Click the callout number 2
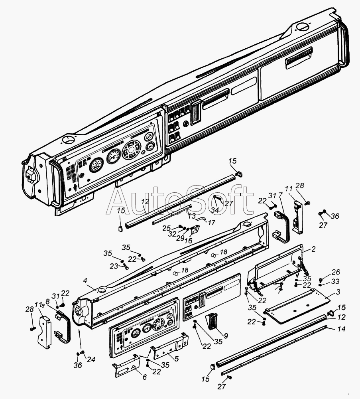[x=313, y=249]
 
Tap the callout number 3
[x=338, y=292]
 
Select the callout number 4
[x=85, y=280]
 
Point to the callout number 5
[x=177, y=359]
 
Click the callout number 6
[x=144, y=377]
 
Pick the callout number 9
[x=226, y=336]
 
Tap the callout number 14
[x=342, y=329]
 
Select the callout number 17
[x=212, y=222]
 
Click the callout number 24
[x=91, y=359]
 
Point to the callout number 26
[x=336, y=272]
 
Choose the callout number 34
[x=215, y=210]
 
